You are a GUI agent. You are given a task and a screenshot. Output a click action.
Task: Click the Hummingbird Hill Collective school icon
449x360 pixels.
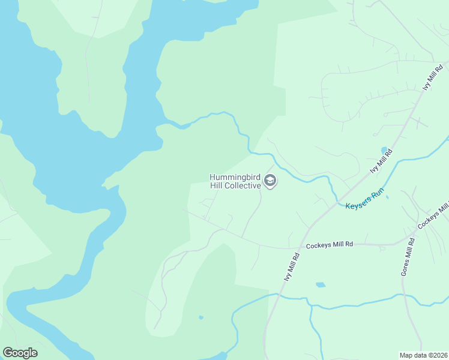tap(270, 181)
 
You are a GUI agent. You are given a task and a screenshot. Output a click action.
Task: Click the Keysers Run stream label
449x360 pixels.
tap(364, 200)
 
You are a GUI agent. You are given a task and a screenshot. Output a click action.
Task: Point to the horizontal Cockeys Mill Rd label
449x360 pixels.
tap(330, 245)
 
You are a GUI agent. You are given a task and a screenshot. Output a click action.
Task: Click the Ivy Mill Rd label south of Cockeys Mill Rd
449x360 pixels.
tap(291, 266)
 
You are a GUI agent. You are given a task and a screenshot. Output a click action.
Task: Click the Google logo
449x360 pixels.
tap(20, 353)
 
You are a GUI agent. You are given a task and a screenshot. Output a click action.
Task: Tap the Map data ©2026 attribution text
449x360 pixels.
tap(423, 355)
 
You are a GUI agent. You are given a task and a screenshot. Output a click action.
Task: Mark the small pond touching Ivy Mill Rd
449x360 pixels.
tap(384, 150)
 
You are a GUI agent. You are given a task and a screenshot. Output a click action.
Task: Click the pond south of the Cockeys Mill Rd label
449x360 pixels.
tap(320, 284)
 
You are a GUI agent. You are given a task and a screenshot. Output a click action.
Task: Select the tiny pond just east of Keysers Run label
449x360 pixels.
tap(387, 197)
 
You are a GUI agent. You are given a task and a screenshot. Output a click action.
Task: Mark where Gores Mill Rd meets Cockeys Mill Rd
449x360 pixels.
tap(412, 235)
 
